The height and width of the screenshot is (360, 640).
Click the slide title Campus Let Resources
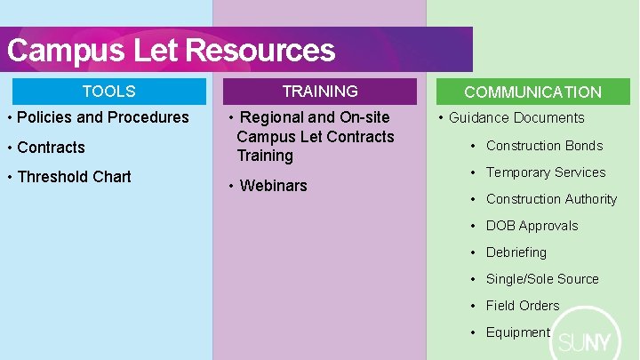point(171,50)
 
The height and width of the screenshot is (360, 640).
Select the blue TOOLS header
point(108,92)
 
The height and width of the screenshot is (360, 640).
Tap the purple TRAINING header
point(320,92)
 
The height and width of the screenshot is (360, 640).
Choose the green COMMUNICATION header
point(532,92)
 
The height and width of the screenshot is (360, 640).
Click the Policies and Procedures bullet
point(103,117)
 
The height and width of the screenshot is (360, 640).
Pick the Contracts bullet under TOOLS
point(51,148)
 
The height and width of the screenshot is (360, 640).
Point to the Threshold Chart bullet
point(74,177)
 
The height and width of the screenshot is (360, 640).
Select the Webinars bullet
point(273,186)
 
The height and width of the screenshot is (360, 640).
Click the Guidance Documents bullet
point(516,118)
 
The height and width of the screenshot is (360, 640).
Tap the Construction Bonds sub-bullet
point(544,146)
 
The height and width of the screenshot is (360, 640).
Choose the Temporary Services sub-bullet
point(546,172)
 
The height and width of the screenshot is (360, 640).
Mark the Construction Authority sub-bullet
point(551,199)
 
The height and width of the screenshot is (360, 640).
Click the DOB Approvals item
point(532,226)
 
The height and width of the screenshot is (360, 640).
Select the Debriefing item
point(516,252)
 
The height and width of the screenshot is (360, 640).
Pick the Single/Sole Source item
point(542,279)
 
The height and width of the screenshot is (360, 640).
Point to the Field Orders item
point(523,306)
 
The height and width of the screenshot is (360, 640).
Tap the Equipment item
point(518,332)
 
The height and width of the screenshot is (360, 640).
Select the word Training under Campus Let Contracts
point(265,156)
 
